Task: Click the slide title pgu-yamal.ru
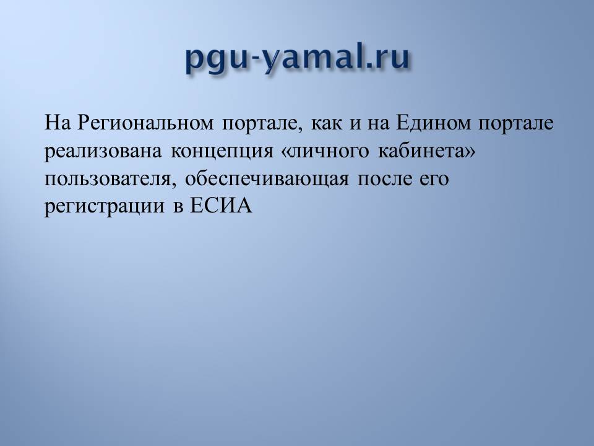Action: tap(298, 58)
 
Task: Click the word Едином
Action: tap(433, 123)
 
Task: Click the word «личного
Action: tap(325, 152)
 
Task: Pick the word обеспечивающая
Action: tap(267, 179)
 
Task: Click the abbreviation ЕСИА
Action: tap(220, 206)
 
